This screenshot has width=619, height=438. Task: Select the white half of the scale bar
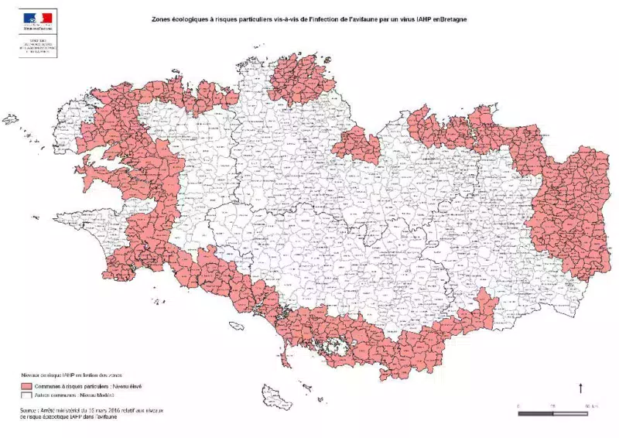[570, 413]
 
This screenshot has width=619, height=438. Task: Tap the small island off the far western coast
[10, 119]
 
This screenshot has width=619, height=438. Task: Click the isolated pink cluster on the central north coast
[357, 145]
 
